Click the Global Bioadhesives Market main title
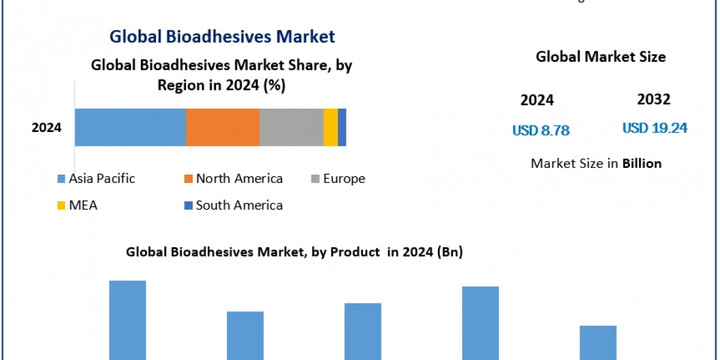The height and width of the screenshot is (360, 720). [222, 37]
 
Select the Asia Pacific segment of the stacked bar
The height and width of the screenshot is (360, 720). [130, 127]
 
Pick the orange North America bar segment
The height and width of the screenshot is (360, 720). [223, 127]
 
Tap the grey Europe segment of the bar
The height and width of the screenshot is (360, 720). [292, 127]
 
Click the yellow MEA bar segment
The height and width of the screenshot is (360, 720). [331, 127]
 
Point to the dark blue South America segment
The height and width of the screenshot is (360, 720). [342, 127]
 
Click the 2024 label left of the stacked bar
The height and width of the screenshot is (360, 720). [47, 127]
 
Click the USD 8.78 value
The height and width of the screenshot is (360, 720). [541, 130]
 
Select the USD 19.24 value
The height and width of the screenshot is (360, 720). [655, 128]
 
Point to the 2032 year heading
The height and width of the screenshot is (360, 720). [653, 99]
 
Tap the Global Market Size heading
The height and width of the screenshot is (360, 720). [601, 57]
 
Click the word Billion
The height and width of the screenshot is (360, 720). [642, 163]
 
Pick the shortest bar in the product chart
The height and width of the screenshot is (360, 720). [598, 343]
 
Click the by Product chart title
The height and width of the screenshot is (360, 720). [294, 253]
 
